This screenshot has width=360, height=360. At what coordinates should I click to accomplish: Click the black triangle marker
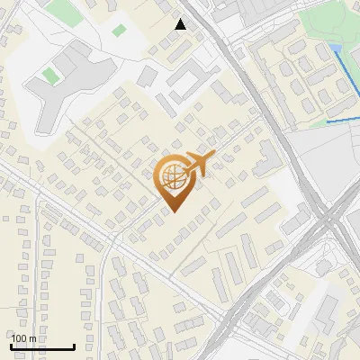(x=181, y=24)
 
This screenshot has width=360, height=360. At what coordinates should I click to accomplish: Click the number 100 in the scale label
(x=19, y=338)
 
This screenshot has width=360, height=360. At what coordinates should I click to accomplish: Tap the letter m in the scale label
(x=33, y=338)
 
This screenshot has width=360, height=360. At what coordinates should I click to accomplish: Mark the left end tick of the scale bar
(x=12, y=346)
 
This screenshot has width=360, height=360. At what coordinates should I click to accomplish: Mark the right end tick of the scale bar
(x=74, y=346)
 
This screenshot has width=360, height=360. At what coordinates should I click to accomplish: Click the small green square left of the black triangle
(x=119, y=31)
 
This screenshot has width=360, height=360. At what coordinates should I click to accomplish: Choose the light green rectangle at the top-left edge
(x=63, y=12)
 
